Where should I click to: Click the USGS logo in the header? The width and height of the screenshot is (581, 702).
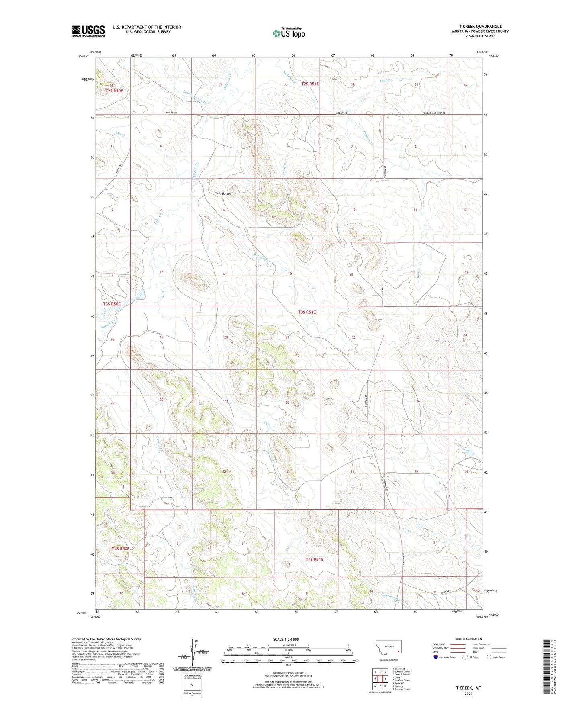click(x=88, y=31)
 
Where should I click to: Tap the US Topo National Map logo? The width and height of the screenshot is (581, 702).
click(x=289, y=33)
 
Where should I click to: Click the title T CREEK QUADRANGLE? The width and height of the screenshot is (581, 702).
click(x=480, y=26)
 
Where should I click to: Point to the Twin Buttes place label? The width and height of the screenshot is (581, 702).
click(x=223, y=193)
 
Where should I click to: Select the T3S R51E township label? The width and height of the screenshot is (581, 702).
click(x=307, y=312)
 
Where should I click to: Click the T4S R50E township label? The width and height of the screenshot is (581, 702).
click(x=115, y=548)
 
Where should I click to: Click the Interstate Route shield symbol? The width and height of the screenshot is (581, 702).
click(x=436, y=657)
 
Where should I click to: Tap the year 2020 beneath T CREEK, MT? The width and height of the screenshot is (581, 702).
click(x=468, y=694)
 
